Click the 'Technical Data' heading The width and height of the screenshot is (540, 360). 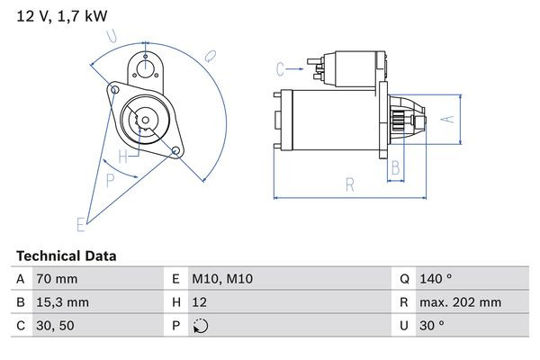[66, 256]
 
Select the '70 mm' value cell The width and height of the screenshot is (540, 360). [56, 280]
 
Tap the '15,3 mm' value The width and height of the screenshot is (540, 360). [61, 303]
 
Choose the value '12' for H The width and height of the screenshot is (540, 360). [201, 303]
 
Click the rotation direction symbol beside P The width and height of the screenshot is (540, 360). [200, 328]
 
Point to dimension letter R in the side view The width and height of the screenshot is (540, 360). [350, 185]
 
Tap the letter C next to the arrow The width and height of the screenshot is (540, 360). [280, 68]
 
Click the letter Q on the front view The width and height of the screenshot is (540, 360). [209, 56]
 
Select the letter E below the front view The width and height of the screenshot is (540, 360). [80, 223]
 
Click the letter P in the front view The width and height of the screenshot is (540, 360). [111, 179]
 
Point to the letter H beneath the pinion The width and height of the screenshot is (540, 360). [135, 154]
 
